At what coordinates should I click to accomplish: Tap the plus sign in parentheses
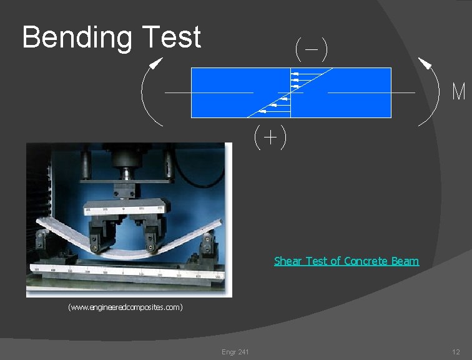(270, 137)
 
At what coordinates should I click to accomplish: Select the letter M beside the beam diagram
(459, 92)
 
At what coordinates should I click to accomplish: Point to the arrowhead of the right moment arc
(425, 63)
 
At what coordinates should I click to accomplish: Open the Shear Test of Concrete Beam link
(346, 261)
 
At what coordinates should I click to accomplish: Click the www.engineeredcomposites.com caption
(125, 307)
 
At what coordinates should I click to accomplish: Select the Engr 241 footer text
(235, 352)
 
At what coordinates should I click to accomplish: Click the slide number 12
(456, 352)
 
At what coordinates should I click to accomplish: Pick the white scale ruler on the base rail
(125, 272)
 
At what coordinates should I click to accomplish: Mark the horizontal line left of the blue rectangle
(177, 92)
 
